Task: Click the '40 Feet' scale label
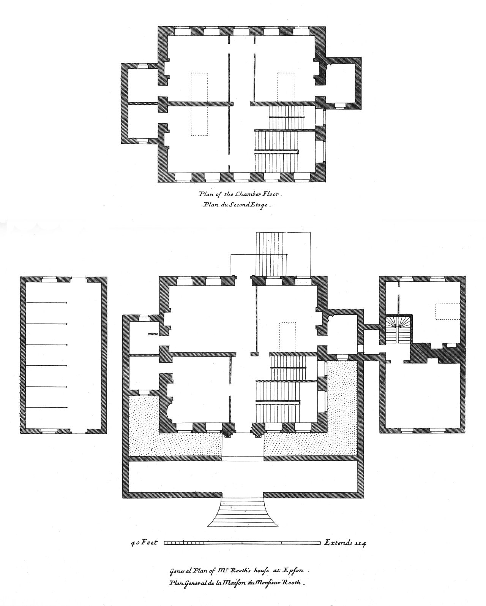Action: click(144, 543)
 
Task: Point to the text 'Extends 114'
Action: click(345, 543)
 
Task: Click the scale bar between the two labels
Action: click(242, 543)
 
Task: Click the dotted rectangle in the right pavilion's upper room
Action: click(447, 311)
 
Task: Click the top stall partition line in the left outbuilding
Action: click(46, 303)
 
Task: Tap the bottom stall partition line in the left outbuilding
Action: click(46, 408)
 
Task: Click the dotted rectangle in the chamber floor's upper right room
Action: click(286, 87)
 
